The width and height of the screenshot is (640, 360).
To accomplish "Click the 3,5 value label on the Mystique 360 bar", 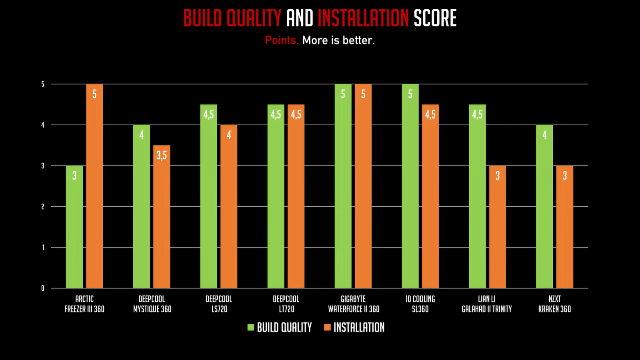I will (162, 155).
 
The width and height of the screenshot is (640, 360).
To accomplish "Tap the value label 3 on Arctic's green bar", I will (74, 176).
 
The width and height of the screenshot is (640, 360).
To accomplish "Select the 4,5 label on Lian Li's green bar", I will (477, 115).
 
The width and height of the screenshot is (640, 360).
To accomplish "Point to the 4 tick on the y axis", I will (43, 125).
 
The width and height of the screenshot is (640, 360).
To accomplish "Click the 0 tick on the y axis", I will (43, 288).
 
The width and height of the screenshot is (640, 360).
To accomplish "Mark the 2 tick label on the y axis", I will (43, 206).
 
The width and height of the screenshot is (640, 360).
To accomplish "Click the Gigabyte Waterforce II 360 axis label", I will (354, 304).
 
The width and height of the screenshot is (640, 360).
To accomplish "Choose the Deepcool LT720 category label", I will (286, 304).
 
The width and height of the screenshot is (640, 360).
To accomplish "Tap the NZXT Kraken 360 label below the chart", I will (554, 304).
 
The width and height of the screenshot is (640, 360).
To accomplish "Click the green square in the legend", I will (251, 327).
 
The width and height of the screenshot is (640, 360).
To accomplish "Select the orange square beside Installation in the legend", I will (327, 327).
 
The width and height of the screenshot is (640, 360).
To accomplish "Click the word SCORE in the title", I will (435, 18).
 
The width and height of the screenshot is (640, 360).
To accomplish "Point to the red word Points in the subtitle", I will (281, 40).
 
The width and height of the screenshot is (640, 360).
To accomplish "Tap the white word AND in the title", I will (300, 18).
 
